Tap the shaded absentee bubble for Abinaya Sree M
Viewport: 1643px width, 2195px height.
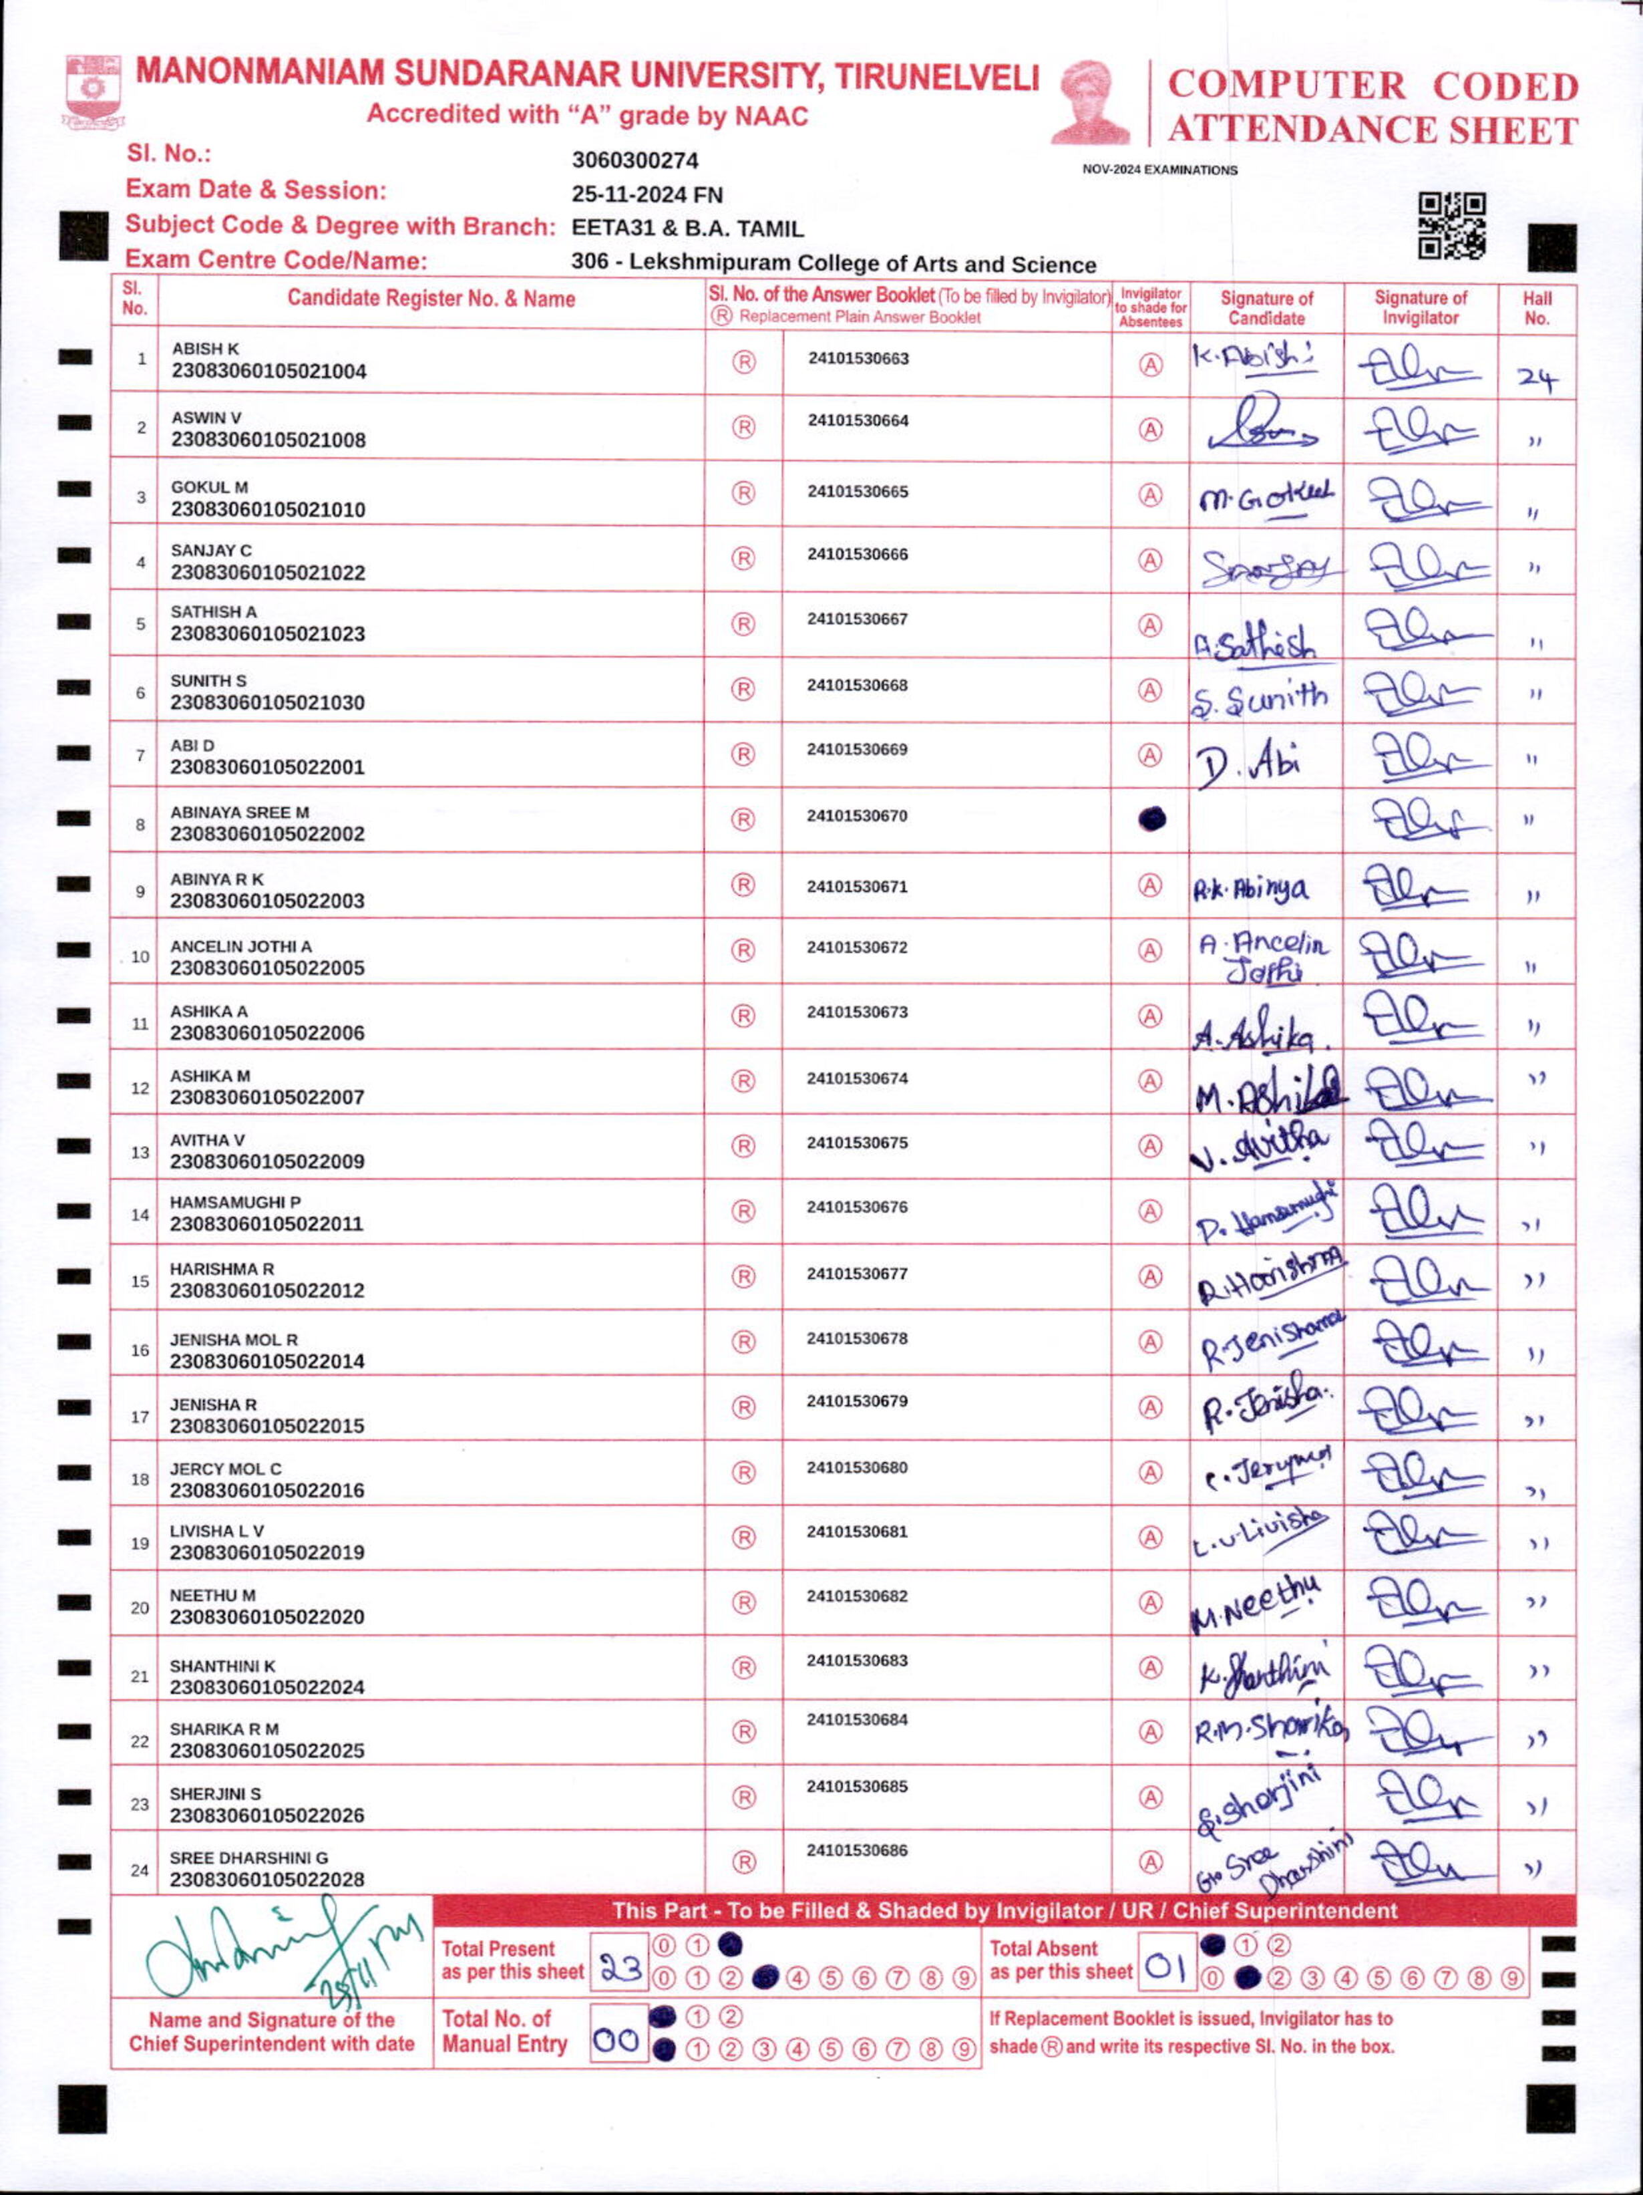[x=1150, y=819]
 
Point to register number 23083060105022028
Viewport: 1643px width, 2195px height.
[x=267, y=1880]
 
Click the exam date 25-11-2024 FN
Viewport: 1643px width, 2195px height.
[x=647, y=194]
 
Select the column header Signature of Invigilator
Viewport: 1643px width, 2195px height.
[x=1420, y=307]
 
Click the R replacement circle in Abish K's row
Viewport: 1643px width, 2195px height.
[x=743, y=362]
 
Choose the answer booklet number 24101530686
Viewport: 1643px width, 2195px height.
[x=857, y=1850]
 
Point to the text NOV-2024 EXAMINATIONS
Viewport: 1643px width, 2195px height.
[x=1160, y=170]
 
